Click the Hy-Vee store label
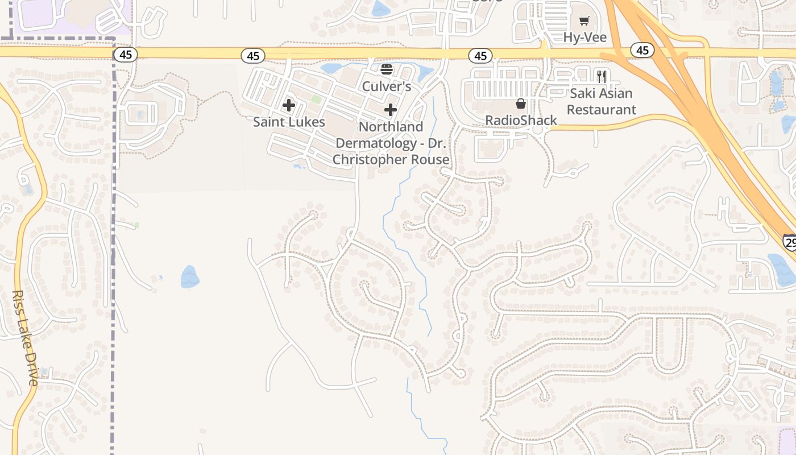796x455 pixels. pyautogui.click(x=584, y=38)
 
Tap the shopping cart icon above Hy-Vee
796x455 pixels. pyautogui.click(x=584, y=22)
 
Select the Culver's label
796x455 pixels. pyautogui.click(x=387, y=86)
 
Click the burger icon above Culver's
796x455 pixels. pyautogui.click(x=387, y=69)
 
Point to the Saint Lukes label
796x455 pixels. pyautogui.click(x=289, y=122)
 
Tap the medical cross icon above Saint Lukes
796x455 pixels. pyautogui.click(x=289, y=105)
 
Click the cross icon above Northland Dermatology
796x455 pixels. pyautogui.click(x=391, y=109)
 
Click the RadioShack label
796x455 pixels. pyautogui.click(x=521, y=121)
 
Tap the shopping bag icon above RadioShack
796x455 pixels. pyautogui.click(x=520, y=104)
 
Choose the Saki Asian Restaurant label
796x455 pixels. pyautogui.click(x=602, y=101)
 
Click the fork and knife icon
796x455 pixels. pyautogui.click(x=602, y=76)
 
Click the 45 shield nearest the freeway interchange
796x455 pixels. pyautogui.click(x=642, y=51)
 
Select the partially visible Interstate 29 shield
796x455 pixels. pyautogui.click(x=789, y=242)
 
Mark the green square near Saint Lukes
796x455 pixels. pyautogui.click(x=316, y=100)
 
